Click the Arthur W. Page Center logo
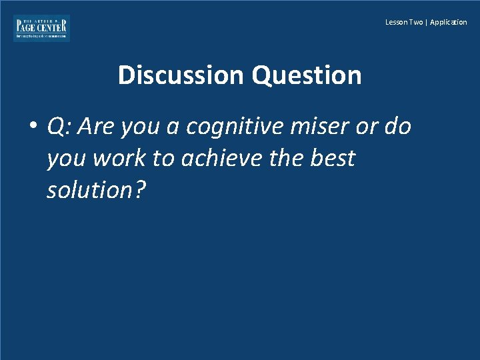41,28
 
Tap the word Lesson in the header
395,23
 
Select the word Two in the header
415,23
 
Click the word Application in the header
449,23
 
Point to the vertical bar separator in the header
426,23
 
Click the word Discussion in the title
181,75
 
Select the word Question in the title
306,75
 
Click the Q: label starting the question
58,127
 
